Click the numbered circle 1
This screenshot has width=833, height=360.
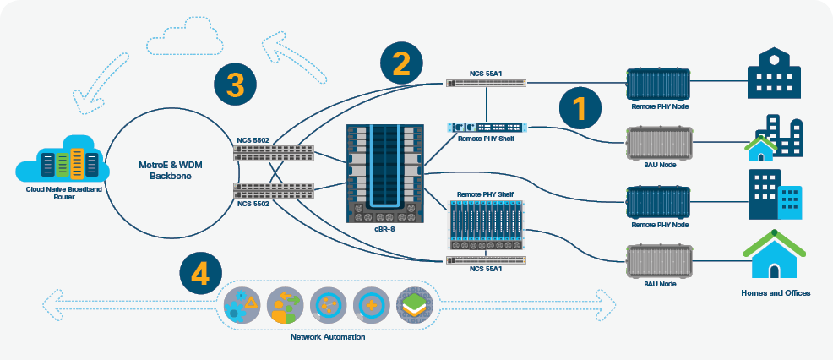(x=579, y=109)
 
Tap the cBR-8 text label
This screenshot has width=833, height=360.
(x=384, y=228)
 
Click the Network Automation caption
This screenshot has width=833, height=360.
(x=328, y=337)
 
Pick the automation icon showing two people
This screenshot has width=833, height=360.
(x=283, y=304)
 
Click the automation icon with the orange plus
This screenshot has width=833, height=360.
(x=371, y=304)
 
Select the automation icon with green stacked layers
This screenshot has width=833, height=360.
(x=415, y=304)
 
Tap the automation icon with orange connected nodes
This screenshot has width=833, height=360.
(x=327, y=304)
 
